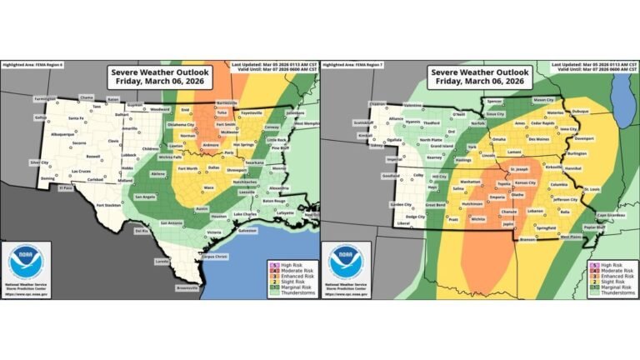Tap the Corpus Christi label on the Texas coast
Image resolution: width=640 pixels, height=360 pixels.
[x=195, y=258]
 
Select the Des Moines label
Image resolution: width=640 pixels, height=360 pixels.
[x=538, y=139]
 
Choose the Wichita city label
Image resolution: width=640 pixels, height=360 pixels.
[x=477, y=218]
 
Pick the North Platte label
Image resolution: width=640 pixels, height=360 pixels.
[x=430, y=140]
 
